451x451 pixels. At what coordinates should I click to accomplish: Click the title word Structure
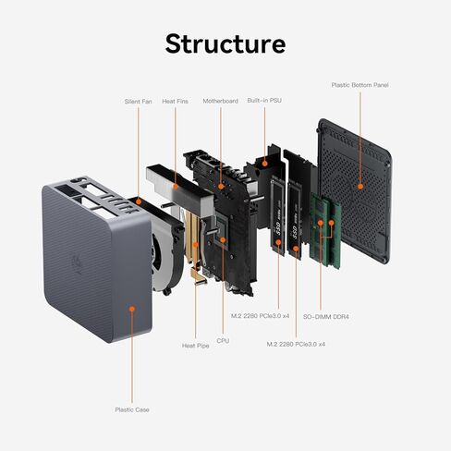point(225,43)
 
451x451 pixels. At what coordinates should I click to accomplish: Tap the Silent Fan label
point(139,101)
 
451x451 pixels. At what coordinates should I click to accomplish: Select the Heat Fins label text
point(177,101)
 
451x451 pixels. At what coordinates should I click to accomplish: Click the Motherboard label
point(221,101)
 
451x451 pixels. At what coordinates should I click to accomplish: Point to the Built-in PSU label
point(264,101)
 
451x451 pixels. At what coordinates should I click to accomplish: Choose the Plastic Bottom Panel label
point(360,85)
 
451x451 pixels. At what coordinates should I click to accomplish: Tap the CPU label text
point(222,341)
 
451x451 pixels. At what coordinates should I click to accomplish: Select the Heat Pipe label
point(196,346)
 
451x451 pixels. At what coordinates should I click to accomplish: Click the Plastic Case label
point(131,408)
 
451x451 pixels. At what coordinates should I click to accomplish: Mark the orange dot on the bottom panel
point(360,186)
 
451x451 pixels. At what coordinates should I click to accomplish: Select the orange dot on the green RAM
point(323,223)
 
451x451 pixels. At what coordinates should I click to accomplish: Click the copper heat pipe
point(195,254)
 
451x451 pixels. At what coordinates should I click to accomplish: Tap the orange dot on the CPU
point(222,238)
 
